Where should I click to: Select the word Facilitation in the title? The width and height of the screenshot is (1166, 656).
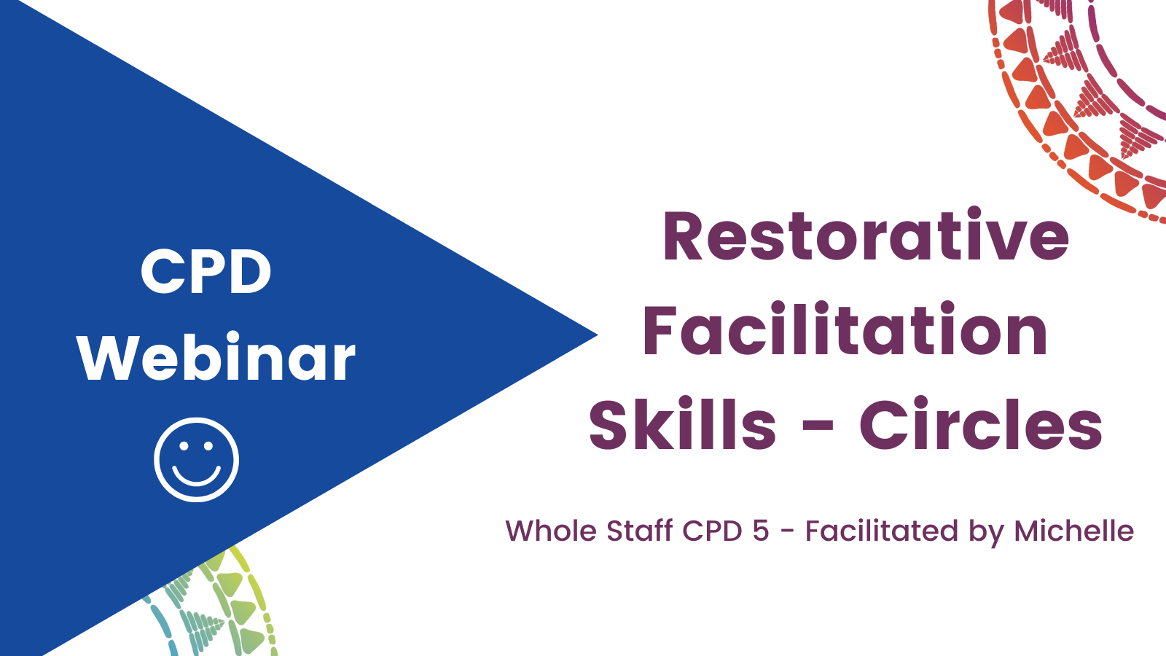coord(845,330)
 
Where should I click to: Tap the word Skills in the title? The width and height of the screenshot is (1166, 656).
coord(682,423)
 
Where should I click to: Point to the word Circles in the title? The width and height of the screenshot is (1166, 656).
coord(981,423)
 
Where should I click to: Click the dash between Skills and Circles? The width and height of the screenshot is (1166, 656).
coord(818,426)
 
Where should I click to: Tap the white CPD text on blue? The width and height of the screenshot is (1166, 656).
coord(206,270)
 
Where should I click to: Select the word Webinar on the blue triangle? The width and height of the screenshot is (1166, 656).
coord(216,358)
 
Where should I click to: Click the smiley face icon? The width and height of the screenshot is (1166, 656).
coord(196,460)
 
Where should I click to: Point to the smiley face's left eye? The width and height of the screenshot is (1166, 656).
coord(183,445)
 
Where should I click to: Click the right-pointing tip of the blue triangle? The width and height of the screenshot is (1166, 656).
coord(598,335)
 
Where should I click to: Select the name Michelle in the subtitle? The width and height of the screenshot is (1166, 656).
coord(1074,531)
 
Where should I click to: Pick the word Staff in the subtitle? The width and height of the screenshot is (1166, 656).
coord(640,531)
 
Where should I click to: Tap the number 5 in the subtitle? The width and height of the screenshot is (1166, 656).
coord(761,531)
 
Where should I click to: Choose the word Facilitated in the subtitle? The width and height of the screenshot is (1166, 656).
coord(882,531)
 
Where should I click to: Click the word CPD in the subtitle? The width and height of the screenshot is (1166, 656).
coord(712,531)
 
